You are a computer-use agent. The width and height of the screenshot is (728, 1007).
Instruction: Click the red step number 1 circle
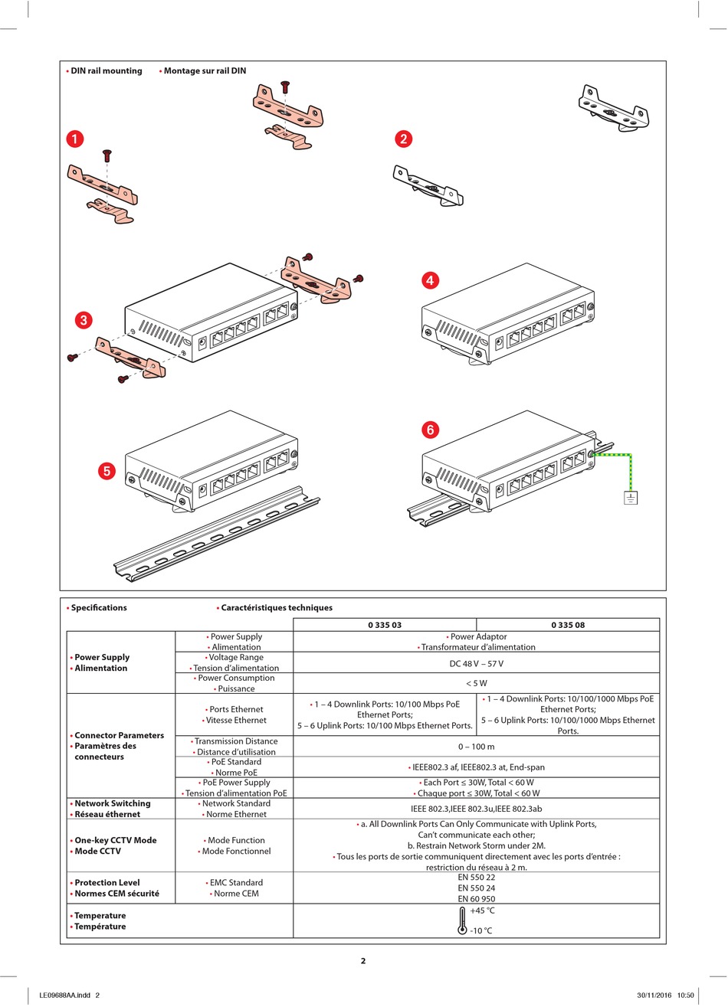(x=75, y=139)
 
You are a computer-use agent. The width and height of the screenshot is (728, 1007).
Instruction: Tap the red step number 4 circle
(x=430, y=280)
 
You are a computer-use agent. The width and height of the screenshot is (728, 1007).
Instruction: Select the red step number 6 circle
(x=430, y=430)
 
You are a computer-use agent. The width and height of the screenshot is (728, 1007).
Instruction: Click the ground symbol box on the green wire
(x=631, y=498)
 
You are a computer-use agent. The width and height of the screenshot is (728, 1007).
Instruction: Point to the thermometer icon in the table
(x=462, y=920)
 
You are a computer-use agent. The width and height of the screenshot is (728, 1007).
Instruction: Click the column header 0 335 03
(x=385, y=625)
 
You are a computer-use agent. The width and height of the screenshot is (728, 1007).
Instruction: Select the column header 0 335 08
(x=568, y=625)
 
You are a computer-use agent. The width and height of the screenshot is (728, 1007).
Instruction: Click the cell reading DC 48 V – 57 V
(x=476, y=663)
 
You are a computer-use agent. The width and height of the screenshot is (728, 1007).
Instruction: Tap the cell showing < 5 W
(x=476, y=683)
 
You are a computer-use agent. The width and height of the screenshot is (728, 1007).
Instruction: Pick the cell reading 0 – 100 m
(x=476, y=747)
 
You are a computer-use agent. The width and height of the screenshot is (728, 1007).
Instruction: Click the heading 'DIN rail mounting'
(x=106, y=71)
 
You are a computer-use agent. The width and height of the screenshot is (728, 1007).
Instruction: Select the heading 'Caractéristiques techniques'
(x=277, y=608)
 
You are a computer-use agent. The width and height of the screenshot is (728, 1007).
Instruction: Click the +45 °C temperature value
(x=483, y=911)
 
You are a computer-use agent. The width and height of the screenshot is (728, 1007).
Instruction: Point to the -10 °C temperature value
(x=482, y=930)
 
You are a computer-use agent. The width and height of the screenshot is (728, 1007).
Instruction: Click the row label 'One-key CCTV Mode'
(x=115, y=840)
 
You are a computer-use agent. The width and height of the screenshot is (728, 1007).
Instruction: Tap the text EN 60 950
(x=476, y=899)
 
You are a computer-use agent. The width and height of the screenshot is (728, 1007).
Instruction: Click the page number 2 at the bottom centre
(x=363, y=961)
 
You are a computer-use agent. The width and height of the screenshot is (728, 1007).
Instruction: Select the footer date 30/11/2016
(x=654, y=996)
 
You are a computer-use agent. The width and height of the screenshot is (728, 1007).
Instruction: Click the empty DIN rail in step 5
(x=222, y=536)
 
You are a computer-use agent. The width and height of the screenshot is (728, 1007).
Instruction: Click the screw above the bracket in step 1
(x=107, y=155)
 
